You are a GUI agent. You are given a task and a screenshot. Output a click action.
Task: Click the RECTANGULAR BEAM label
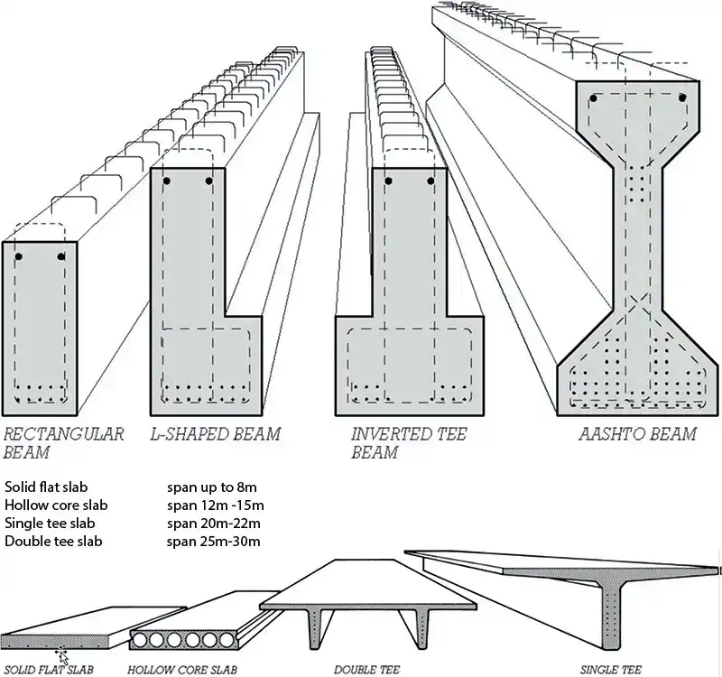click(x=62, y=442)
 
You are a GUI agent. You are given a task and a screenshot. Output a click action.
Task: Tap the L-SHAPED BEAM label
click(x=215, y=434)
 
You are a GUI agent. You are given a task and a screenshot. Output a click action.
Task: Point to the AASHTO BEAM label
click(x=637, y=434)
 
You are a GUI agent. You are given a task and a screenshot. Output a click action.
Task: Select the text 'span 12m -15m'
click(x=215, y=505)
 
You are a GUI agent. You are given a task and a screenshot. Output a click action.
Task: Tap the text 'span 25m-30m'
click(x=213, y=541)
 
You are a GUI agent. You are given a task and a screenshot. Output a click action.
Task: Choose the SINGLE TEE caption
click(x=611, y=670)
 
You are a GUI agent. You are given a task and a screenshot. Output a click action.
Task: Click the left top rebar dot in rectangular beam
click(x=19, y=257)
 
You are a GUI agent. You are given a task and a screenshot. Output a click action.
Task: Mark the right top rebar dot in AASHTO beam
click(x=682, y=97)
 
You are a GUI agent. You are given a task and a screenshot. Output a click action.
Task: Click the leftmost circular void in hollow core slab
click(x=143, y=641)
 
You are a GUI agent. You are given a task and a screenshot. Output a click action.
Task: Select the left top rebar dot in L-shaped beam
click(x=166, y=181)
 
